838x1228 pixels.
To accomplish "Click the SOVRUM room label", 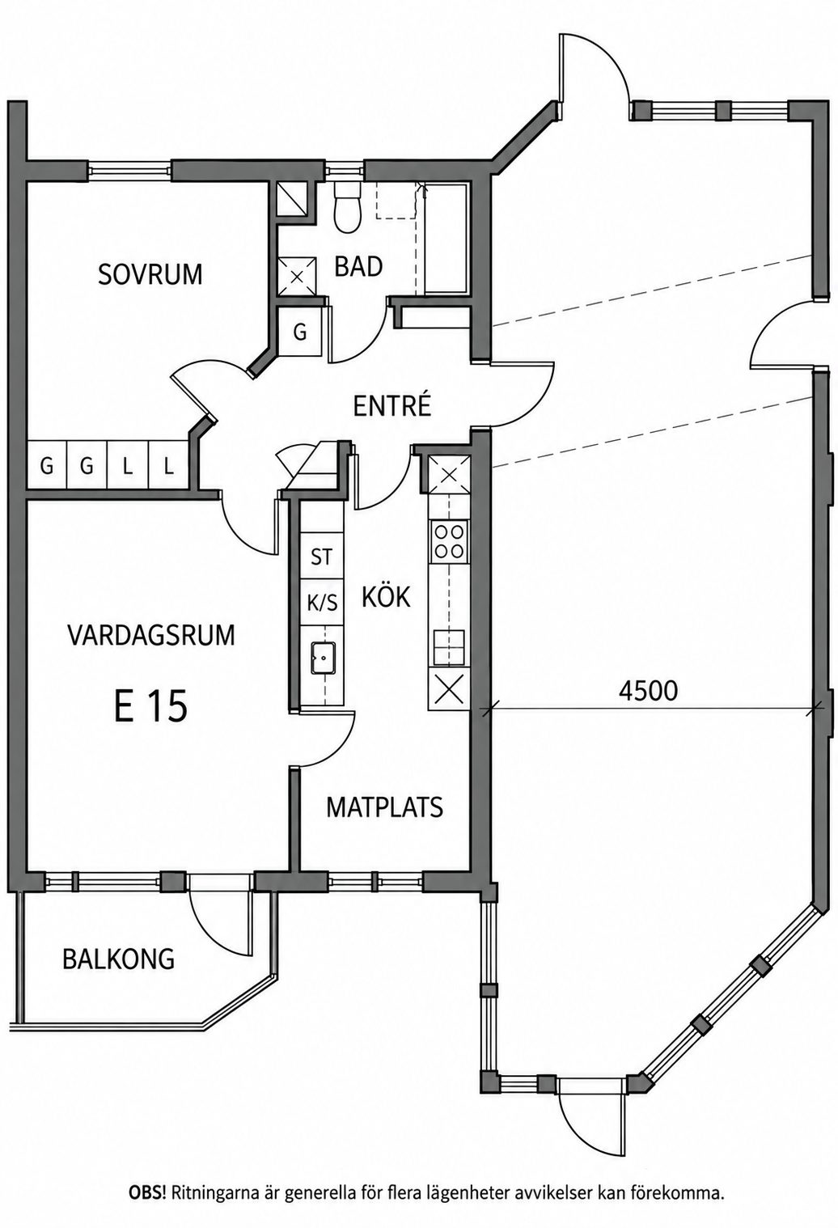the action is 150,274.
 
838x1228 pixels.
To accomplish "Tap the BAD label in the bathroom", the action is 358,267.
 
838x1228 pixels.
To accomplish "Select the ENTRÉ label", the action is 391,405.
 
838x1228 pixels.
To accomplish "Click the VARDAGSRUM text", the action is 151,635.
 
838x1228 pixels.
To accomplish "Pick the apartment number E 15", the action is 150,706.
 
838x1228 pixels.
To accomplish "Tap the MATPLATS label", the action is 384,807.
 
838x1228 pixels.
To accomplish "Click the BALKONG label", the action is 118,959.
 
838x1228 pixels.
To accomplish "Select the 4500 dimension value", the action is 648,691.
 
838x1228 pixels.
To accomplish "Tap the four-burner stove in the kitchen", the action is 449,542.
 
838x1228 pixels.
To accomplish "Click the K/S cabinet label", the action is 322,603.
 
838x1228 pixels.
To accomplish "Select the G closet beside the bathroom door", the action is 300,332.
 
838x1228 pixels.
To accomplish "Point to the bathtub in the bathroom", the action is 447,239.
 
